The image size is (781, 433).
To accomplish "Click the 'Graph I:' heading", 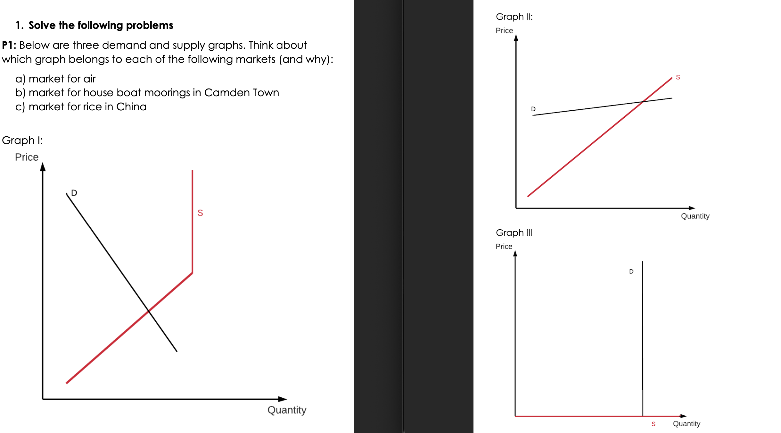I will coord(22,140).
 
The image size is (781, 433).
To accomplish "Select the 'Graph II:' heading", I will coord(514,17).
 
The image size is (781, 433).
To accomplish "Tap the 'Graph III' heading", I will coord(514,233).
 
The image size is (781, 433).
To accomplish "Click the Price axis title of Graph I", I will coord(27,157).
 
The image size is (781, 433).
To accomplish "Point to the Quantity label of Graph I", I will coord(287,410).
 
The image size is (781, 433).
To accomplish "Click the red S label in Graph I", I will coord(200,213).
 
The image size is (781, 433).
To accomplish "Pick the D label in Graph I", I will coord(74,193).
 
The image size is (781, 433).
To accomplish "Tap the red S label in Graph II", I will coord(678,77).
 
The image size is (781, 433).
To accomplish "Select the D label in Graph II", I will coord(533,109).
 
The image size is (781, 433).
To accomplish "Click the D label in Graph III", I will coord(631,272).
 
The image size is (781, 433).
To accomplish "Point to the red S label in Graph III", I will coord(654,424).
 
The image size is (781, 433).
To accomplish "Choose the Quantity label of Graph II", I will coord(695,216).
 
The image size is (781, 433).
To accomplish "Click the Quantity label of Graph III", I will coord(686,424).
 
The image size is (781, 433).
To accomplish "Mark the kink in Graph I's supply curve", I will coord(192,273).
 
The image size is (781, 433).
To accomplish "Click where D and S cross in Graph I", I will coord(149,310).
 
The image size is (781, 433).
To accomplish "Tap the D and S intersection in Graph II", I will coord(643,102).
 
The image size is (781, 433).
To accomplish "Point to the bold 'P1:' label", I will coord(9,45).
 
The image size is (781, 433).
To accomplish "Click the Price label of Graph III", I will coord(504,246).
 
